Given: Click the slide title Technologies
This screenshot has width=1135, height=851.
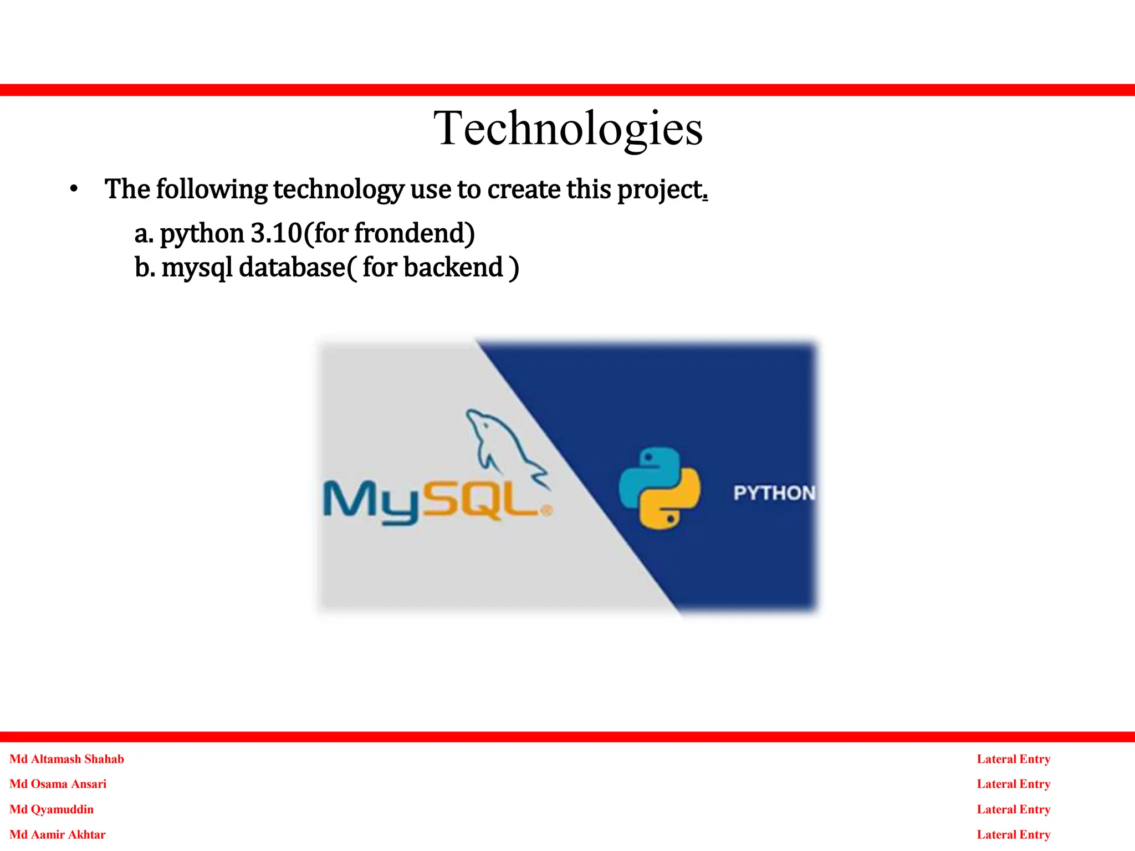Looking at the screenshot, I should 567,129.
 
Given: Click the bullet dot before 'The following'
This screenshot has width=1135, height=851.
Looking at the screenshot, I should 74,189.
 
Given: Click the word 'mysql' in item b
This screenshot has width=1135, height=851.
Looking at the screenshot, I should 197,268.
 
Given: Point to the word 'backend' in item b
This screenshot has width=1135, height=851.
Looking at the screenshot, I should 453,267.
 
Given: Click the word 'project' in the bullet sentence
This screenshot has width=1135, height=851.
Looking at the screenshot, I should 659,190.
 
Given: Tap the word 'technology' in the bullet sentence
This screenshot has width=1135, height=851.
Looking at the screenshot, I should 339,190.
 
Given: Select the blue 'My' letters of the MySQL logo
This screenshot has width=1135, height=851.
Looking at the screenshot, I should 371,501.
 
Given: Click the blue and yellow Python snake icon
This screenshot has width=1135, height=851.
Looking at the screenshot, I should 659,488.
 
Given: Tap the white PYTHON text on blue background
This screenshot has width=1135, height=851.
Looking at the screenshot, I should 774,493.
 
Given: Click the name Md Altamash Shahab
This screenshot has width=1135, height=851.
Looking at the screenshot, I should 67,759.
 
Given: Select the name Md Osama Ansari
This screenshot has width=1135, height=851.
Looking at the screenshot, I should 58,784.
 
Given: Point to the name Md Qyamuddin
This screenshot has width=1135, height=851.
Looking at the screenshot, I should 52,809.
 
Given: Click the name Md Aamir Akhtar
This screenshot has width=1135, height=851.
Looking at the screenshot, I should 57,834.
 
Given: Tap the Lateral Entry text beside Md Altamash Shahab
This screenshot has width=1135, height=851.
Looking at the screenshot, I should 1013,759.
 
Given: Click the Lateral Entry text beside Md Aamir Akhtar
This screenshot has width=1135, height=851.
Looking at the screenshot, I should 1013,834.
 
